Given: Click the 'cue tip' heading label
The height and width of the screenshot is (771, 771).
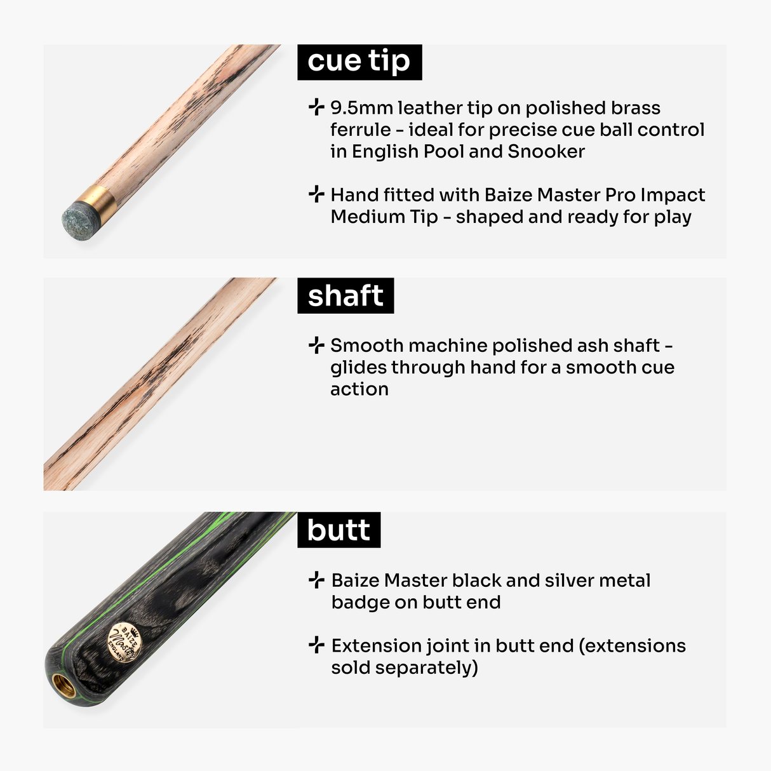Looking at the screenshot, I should [x=359, y=62].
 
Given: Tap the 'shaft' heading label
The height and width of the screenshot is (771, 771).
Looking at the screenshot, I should [x=345, y=295].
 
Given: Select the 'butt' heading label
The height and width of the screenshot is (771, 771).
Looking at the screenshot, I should [x=339, y=530].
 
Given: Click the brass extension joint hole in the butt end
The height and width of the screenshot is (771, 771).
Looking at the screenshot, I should [x=63, y=685].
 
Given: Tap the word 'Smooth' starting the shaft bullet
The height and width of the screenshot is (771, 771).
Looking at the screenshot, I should [x=366, y=345].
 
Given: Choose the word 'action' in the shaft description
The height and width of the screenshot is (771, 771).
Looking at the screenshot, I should [x=359, y=389].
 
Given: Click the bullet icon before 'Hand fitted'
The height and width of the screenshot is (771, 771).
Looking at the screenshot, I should [x=316, y=194].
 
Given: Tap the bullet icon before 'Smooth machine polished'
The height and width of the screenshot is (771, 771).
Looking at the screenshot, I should [x=316, y=345].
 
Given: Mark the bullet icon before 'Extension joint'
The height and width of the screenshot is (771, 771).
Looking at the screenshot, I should [x=316, y=645].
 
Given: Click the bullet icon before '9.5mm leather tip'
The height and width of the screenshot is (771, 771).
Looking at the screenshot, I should [x=316, y=107].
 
